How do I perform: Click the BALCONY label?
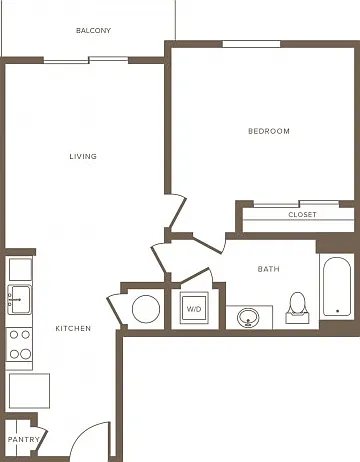pos(93,31)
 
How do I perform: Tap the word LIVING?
pos(83,156)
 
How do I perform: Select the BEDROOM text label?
pos(269,131)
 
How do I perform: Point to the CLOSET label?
pos(302,215)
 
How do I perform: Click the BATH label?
pos(269,269)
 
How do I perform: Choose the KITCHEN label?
pos(73,328)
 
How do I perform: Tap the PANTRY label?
pos(23,440)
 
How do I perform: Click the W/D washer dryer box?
pos(194,308)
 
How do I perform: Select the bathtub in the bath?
pos(337,287)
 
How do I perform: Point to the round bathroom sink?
pos(248,317)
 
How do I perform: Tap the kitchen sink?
pos(20,299)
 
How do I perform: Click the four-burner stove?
pos(19,345)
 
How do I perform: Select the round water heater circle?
pos(146,309)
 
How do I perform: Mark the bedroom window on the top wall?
pos(251,44)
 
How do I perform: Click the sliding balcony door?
pos(86,60)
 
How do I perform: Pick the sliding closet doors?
pos(296,204)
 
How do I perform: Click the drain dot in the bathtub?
pos(338,311)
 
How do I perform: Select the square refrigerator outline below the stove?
pos(29,391)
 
